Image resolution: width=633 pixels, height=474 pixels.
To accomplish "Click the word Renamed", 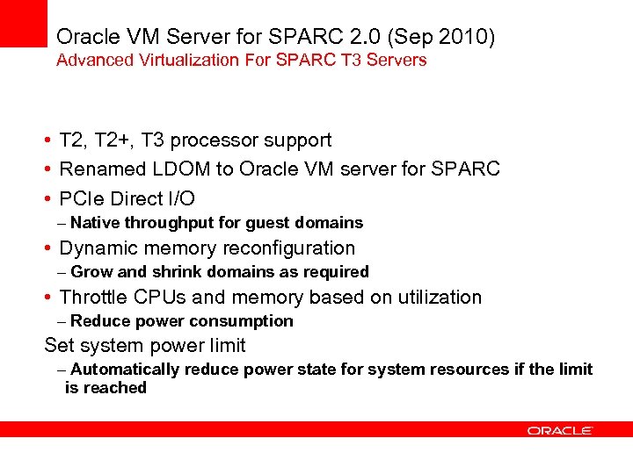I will pyautogui.click(x=98, y=169).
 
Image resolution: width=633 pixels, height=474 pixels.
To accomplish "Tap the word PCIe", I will pyautogui.click(x=81, y=198).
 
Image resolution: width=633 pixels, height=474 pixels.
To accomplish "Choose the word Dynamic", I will pyautogui.click(x=98, y=248).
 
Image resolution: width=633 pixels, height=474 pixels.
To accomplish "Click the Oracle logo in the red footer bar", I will pyautogui.click(x=560, y=430).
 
